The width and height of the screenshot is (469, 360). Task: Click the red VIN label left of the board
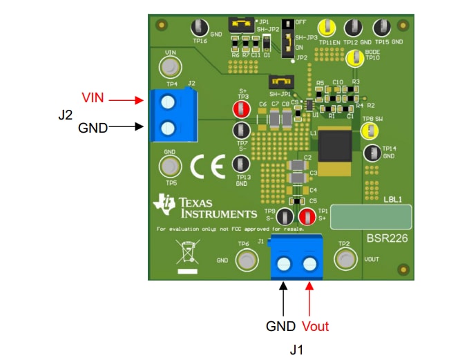click(x=93, y=97)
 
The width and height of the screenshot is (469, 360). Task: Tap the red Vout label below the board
click(x=315, y=326)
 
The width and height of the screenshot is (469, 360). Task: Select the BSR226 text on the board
click(x=387, y=238)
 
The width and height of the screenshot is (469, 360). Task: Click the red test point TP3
click(x=240, y=109)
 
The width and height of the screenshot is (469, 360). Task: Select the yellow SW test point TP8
click(x=370, y=129)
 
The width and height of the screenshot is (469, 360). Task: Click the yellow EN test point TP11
click(x=327, y=28)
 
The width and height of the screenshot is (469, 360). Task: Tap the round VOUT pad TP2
click(x=343, y=259)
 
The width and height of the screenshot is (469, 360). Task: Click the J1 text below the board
click(x=296, y=350)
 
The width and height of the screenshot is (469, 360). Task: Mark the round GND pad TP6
click(x=245, y=260)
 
